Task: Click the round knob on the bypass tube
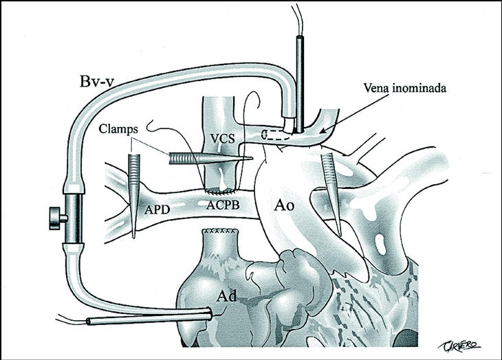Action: click(x=54, y=219)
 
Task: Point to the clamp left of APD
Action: click(x=133, y=192)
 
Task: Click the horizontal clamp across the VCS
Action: click(x=206, y=158)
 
